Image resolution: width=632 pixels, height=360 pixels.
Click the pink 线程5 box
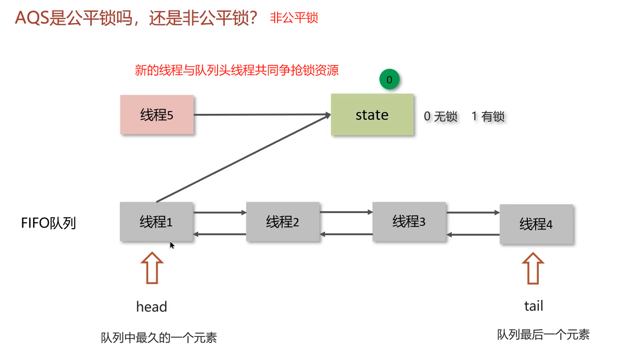point(157,115)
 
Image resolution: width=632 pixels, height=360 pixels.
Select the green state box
point(372,115)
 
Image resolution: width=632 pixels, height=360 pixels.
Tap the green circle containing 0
point(389,80)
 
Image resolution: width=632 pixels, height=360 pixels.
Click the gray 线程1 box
point(156,222)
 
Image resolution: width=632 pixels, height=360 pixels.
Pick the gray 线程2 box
point(283,222)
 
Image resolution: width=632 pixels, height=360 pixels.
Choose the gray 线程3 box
point(409,222)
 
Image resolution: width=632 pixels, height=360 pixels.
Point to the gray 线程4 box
point(536,224)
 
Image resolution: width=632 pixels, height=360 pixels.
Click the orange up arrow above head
point(152,269)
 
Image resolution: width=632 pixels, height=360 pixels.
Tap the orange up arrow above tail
point(533,269)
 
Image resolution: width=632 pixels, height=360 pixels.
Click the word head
point(152,307)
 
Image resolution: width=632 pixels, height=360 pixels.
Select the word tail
point(533,306)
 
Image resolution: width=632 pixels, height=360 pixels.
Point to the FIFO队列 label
point(48,223)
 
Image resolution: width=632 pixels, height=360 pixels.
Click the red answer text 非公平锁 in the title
point(294,18)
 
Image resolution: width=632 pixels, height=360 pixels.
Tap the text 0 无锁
point(441,117)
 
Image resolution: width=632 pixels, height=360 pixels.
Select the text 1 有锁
point(488,117)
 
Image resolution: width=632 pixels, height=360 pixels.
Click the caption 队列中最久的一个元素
point(159,338)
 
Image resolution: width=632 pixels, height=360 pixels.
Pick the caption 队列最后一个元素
point(543,335)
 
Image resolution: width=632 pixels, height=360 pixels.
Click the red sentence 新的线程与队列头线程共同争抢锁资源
point(236,71)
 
